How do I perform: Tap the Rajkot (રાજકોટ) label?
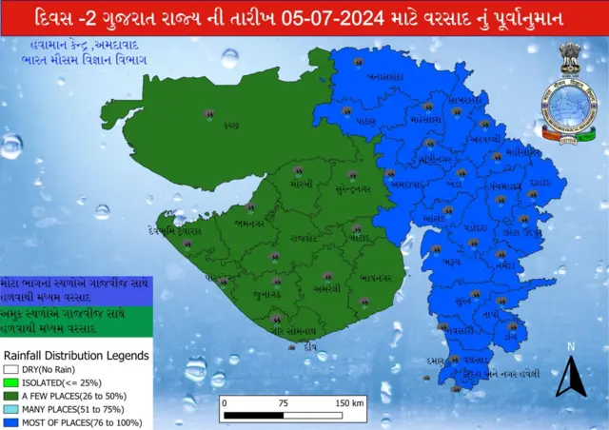[x=303, y=238]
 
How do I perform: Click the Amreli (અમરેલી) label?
[x=326, y=287]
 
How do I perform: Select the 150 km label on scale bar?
[x=349, y=402]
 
